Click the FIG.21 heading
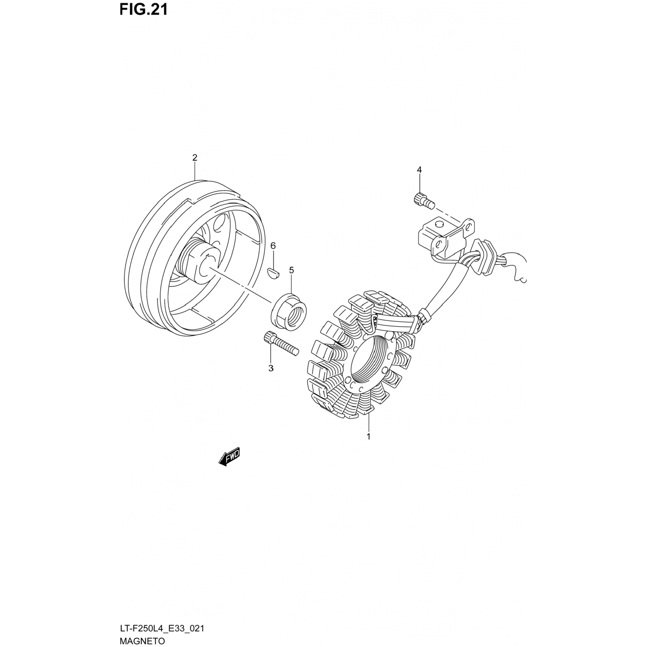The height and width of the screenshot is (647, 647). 143,9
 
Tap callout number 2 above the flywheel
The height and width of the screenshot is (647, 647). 195,158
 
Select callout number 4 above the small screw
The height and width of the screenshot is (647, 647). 419,170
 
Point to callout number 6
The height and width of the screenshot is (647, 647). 273,246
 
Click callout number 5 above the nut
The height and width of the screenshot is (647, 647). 292,270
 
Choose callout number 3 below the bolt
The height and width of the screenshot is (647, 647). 271,368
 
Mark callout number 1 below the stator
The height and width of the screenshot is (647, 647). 369,437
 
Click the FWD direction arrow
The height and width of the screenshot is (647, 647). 229,458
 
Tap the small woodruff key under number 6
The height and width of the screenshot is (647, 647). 273,273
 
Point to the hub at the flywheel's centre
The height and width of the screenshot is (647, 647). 198,263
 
